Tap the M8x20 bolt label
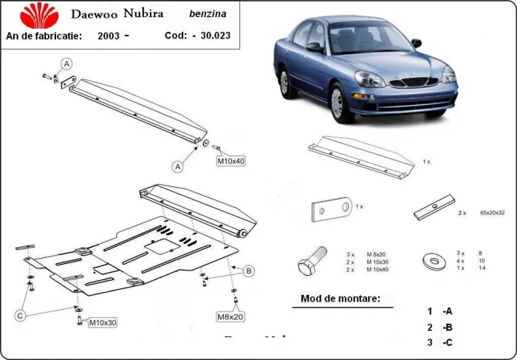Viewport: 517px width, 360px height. [x=230, y=317]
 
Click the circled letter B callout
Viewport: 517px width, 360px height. [x=249, y=271]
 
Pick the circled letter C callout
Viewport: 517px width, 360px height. [x=21, y=316]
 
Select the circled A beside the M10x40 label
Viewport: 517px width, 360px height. [x=178, y=167]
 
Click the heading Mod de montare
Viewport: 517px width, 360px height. [x=340, y=299]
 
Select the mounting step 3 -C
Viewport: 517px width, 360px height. [x=439, y=342]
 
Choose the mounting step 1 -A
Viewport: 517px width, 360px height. [x=439, y=311]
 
